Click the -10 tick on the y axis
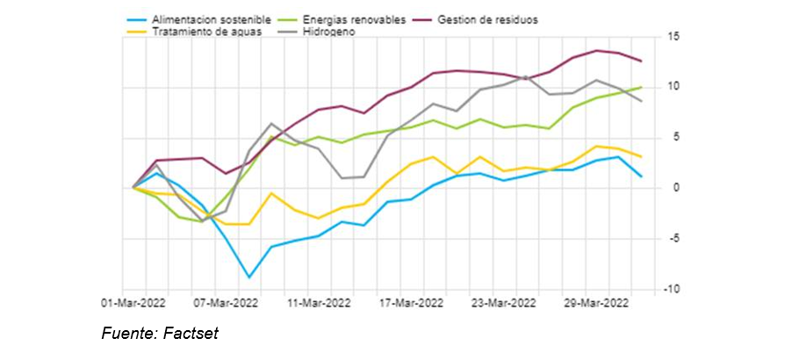click(x=673, y=289)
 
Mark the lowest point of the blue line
click(x=249, y=277)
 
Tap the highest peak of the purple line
click(x=597, y=51)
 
